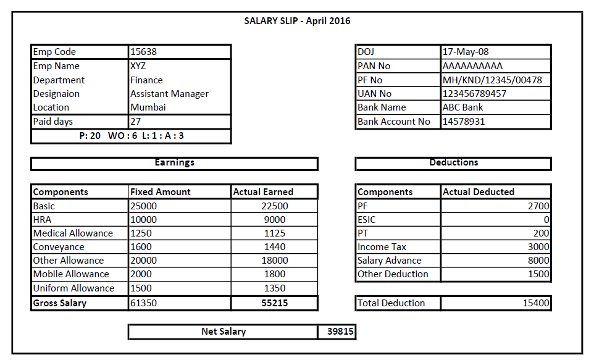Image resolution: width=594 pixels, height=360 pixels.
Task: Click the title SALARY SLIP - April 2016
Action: click(297, 21)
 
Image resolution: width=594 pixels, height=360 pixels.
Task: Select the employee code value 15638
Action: click(144, 52)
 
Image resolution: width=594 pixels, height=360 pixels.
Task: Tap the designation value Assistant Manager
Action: click(169, 94)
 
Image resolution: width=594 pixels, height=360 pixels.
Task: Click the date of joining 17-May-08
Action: click(466, 52)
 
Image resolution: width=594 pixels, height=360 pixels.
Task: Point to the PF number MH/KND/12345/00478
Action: click(492, 80)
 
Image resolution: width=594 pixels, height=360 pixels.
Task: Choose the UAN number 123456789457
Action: click(474, 94)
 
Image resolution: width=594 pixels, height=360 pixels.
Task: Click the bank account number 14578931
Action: click(464, 122)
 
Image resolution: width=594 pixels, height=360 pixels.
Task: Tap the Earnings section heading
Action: click(174, 162)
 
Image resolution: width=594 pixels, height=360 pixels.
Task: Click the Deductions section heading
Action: click(454, 162)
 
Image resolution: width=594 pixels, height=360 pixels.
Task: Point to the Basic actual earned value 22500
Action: click(275, 206)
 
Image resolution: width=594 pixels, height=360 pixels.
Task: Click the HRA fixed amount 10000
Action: click(144, 220)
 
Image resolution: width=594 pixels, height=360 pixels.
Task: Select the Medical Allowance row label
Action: click(73, 233)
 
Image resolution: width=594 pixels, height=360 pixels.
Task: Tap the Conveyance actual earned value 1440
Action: click(275, 247)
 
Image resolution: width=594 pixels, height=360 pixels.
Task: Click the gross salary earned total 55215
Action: click(275, 303)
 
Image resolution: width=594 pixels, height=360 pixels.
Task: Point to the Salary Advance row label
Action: click(389, 261)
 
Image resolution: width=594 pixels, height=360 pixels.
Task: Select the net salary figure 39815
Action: click(340, 332)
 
